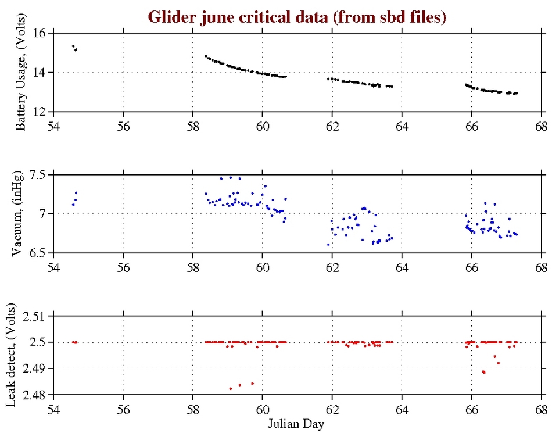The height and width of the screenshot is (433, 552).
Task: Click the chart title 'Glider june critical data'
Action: pyautogui.click(x=297, y=17)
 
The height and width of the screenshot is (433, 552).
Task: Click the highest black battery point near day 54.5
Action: pyautogui.click(x=73, y=46)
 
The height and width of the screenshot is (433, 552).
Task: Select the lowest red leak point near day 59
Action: pyautogui.click(x=231, y=389)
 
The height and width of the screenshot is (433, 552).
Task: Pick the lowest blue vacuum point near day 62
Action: pyautogui.click(x=328, y=245)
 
